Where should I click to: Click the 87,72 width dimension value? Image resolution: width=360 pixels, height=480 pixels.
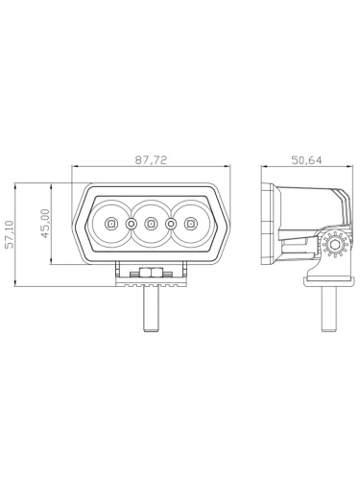(151, 160)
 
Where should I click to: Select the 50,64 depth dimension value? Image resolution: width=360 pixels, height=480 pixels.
(306, 160)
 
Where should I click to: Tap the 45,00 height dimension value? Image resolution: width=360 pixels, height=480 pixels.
(46, 224)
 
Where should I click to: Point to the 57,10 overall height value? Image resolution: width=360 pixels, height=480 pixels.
(10, 234)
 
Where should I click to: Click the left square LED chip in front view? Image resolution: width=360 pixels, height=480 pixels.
(110, 224)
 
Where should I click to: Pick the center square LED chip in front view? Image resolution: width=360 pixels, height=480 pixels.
(150, 224)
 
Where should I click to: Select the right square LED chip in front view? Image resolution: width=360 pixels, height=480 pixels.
(191, 224)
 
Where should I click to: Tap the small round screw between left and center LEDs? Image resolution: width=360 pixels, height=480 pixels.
(131, 224)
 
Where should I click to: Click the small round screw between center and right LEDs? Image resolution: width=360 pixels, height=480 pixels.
(171, 224)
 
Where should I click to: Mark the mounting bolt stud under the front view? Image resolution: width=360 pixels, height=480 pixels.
(151, 309)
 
